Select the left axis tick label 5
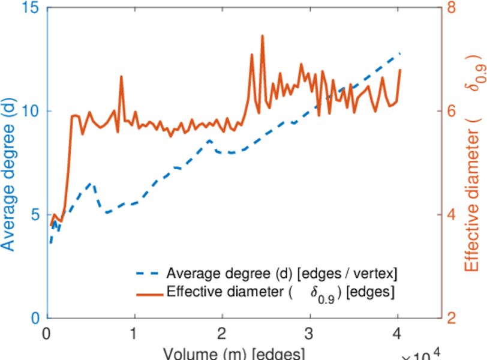point(34,215)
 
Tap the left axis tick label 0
point(34,318)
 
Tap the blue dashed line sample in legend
point(147,274)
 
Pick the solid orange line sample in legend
point(147,293)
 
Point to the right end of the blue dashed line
point(400,54)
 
